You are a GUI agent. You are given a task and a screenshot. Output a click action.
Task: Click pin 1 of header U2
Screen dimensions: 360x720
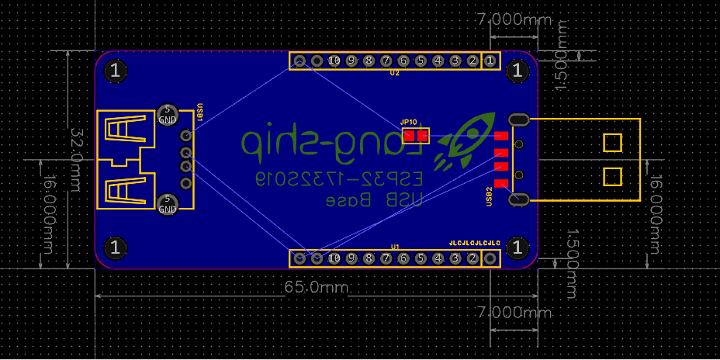[490, 61]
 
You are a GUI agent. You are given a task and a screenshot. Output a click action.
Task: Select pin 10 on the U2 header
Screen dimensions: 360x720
[334, 61]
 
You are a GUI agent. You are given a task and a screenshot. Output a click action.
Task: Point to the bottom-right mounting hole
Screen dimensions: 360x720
[517, 248]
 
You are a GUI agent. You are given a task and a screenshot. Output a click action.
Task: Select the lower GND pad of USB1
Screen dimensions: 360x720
[168, 204]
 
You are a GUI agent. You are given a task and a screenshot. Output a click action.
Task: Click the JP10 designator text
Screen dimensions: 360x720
[409, 122]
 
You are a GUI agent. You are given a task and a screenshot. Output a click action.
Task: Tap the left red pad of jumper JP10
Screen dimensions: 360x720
[410, 136]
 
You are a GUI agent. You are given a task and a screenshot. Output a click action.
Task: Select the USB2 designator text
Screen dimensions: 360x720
[490, 196]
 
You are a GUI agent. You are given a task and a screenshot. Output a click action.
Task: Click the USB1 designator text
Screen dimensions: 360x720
[199, 112]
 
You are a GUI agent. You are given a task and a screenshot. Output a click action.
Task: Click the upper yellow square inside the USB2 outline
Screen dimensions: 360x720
[612, 143]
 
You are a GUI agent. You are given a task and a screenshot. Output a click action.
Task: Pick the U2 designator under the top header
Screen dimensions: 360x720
[395, 73]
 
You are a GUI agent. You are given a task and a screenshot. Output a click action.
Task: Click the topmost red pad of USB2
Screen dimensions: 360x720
[500, 136]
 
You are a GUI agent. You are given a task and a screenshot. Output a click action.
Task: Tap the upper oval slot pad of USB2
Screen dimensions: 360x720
[518, 119]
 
